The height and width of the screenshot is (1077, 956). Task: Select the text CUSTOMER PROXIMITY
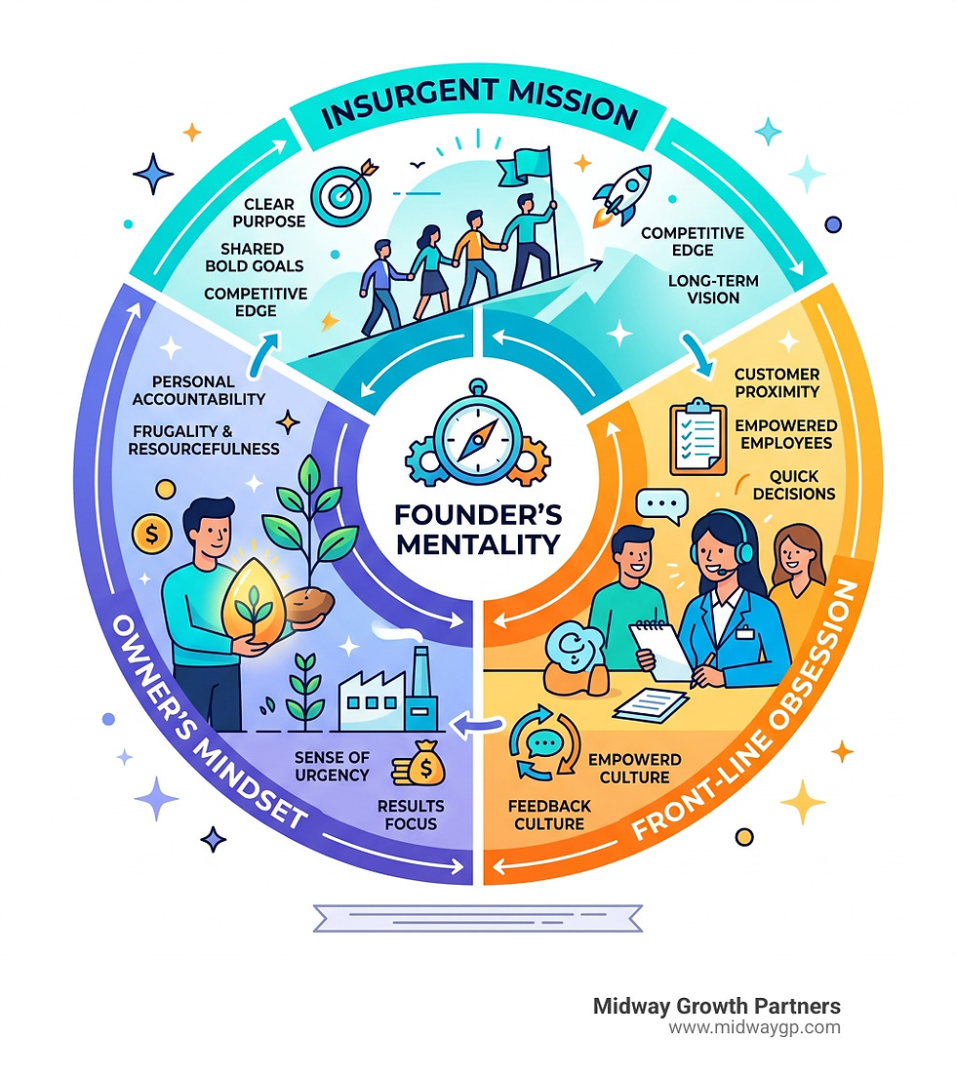click(x=777, y=382)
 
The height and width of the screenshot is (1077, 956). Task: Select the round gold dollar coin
click(x=151, y=533)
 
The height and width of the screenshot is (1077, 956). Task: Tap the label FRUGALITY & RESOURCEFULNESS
click(x=203, y=439)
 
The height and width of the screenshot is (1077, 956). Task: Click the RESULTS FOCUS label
click(x=411, y=815)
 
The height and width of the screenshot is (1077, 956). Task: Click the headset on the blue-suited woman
click(x=743, y=550)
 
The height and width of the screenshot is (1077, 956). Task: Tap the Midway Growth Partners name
click(x=716, y=1006)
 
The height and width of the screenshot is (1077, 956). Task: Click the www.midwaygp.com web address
click(x=754, y=1027)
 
